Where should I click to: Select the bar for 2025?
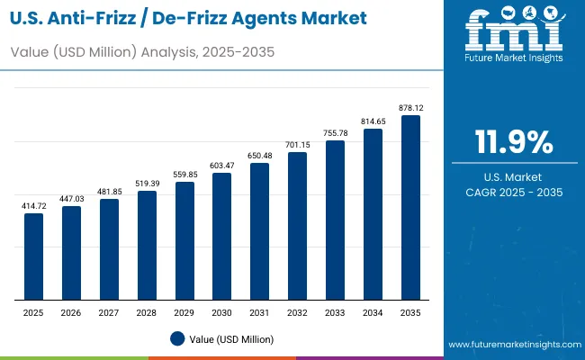pos(33,256)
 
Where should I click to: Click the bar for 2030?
pos(221,236)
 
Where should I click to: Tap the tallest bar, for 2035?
pos(410,207)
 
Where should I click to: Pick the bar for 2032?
pos(297,225)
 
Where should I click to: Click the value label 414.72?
pos(33,207)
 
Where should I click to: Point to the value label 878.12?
pos(410,109)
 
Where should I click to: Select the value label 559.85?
pos(184,175)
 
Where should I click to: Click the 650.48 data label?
pos(259,157)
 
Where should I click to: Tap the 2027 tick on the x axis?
pos(109,311)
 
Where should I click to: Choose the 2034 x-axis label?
pos(373,311)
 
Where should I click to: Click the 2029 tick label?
pos(184,311)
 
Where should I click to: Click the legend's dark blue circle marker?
pos(177,338)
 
